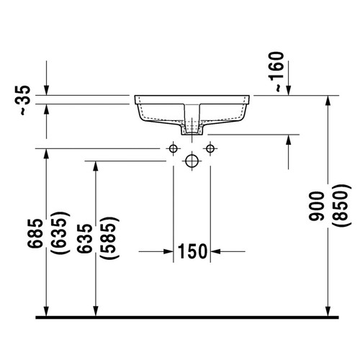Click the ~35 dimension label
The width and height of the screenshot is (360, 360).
click(x=24, y=100)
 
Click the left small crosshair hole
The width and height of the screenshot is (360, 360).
click(x=173, y=148)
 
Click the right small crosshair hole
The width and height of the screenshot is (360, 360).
click(x=210, y=148)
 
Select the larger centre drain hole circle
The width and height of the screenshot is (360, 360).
click(x=192, y=161)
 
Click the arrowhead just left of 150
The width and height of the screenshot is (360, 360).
click(x=168, y=251)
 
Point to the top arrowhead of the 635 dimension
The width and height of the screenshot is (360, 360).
click(x=94, y=166)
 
